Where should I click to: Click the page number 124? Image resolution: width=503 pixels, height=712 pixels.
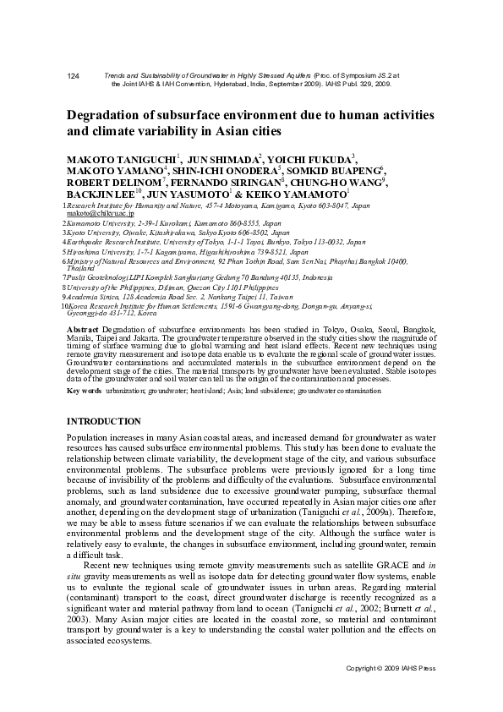[73, 76]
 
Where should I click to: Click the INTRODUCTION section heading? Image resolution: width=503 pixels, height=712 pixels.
[103, 421]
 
